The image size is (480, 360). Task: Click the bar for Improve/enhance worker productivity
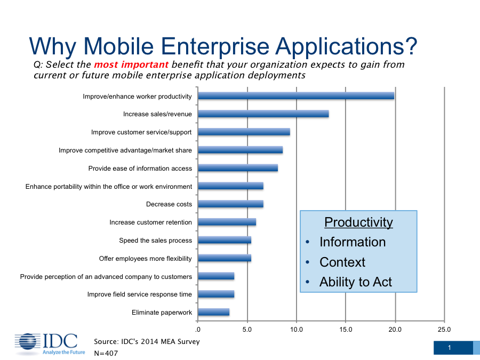(296, 96)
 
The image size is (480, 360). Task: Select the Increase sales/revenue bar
(263, 114)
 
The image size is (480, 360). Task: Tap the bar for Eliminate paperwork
(214, 312)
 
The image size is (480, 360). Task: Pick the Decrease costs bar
(230, 204)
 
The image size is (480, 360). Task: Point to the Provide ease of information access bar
(238, 168)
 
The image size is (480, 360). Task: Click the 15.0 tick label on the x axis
(346, 330)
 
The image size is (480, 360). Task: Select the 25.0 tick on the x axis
(444, 330)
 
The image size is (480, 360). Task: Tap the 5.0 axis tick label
(247, 330)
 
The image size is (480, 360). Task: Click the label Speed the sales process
(156, 241)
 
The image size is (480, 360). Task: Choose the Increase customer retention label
(150, 222)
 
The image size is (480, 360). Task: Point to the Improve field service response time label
(140, 294)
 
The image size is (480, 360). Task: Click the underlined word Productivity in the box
(358, 222)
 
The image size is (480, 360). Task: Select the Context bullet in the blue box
(342, 262)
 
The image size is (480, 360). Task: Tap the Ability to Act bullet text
(356, 282)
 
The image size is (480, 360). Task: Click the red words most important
(131, 65)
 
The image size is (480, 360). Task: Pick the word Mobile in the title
(118, 46)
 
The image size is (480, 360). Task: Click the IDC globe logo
(28, 342)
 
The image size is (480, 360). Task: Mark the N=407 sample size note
(106, 353)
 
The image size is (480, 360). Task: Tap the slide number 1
(450, 348)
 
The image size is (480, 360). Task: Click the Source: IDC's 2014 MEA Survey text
(147, 342)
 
